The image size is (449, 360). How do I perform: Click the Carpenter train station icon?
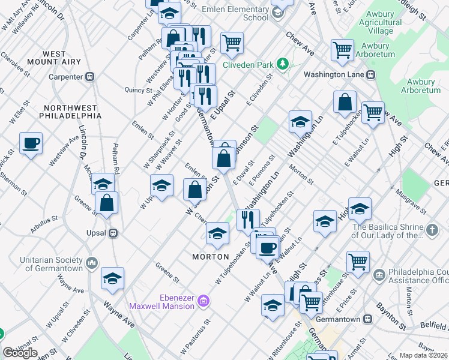[91, 77]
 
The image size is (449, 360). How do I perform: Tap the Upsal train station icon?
[112, 233]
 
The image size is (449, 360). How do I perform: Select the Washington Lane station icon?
[371, 75]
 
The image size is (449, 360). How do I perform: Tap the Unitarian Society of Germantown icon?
[92, 263]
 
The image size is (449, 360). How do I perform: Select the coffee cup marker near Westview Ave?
[31, 143]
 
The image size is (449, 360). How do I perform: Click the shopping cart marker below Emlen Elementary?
[232, 43]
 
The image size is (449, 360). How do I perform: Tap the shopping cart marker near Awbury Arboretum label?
[342, 50]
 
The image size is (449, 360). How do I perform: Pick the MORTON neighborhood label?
[211, 257]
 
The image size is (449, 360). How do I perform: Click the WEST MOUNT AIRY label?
[55, 58]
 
